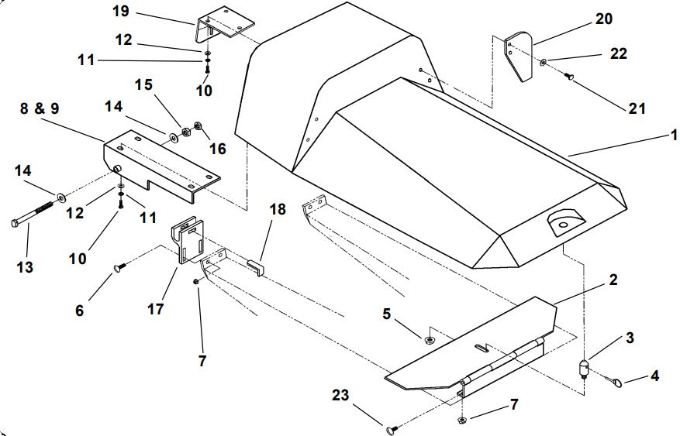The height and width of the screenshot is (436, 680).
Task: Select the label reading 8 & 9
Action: click(38, 108)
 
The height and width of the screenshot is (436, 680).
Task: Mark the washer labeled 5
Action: click(428, 338)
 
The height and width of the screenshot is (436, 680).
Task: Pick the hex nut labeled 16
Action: click(197, 125)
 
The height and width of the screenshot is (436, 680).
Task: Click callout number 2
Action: click(613, 279)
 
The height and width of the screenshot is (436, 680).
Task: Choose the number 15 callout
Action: click(145, 84)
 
